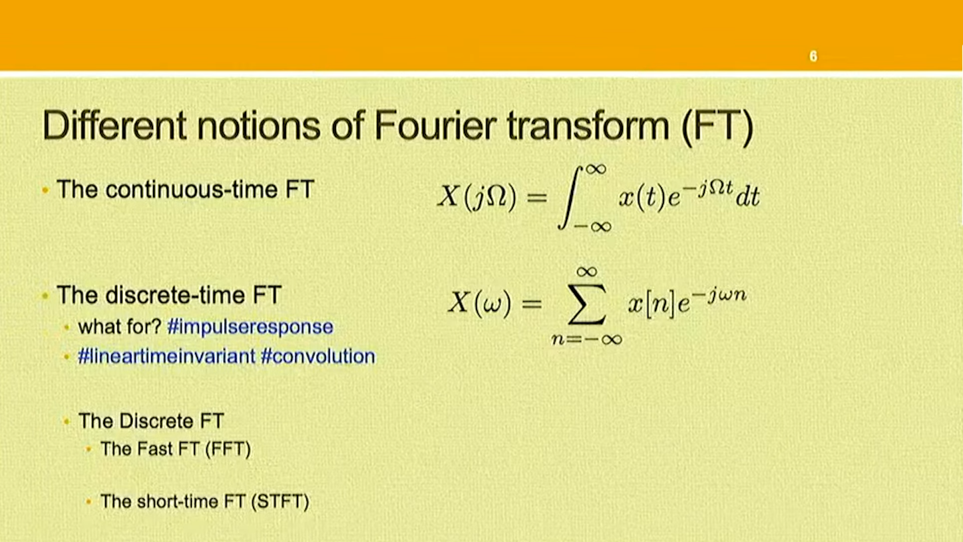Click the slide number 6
pyautogui.click(x=813, y=57)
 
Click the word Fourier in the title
pyautogui.click(x=435, y=125)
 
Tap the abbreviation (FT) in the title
pyautogui.click(x=717, y=127)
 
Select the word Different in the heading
pyautogui.click(x=114, y=125)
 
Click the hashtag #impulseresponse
pyautogui.click(x=250, y=327)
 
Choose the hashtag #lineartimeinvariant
pyautogui.click(x=167, y=357)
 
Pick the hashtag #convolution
pyautogui.click(x=318, y=357)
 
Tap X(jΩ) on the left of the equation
pyautogui.click(x=477, y=198)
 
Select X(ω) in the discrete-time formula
pyautogui.click(x=479, y=303)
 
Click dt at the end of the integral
pyautogui.click(x=747, y=197)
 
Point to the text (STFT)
pyautogui.click(x=280, y=502)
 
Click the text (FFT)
pyautogui.click(x=228, y=449)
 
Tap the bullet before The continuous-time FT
pyautogui.click(x=45, y=190)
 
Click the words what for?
pyautogui.click(x=120, y=327)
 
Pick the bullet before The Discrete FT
pyautogui.click(x=66, y=421)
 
